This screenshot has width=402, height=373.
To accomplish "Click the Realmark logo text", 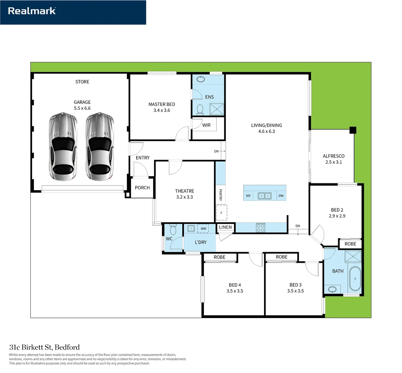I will point(32,11).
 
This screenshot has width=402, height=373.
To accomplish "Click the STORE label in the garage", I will point(82,82).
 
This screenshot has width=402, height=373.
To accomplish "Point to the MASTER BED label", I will point(161,104).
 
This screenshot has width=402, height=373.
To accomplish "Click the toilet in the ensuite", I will point(200,109).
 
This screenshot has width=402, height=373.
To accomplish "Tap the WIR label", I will point(206,125).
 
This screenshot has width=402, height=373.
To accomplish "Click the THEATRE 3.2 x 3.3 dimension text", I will point(184,197).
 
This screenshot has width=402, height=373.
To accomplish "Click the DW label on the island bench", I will point(281,196).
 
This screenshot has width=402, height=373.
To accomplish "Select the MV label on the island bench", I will point(248,196).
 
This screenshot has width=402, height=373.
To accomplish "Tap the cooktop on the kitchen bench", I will point(260,228).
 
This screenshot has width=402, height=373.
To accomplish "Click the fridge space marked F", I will point(221,213).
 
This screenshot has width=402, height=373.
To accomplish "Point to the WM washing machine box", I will point(203,228).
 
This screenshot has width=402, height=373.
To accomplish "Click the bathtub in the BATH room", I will point(355,278).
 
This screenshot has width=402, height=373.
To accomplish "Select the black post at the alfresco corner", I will point(353,130).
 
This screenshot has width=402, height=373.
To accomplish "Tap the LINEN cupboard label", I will point(225,227).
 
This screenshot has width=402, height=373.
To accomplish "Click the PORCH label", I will point(142,188).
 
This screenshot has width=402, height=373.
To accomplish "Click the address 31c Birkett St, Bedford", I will point(44,347).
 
